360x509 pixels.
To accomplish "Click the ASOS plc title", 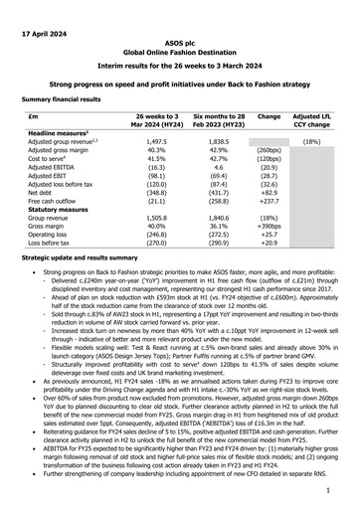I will (x=180, y=47).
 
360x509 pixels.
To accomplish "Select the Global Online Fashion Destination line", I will (x=180, y=57).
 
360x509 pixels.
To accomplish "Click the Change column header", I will (x=269, y=115).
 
